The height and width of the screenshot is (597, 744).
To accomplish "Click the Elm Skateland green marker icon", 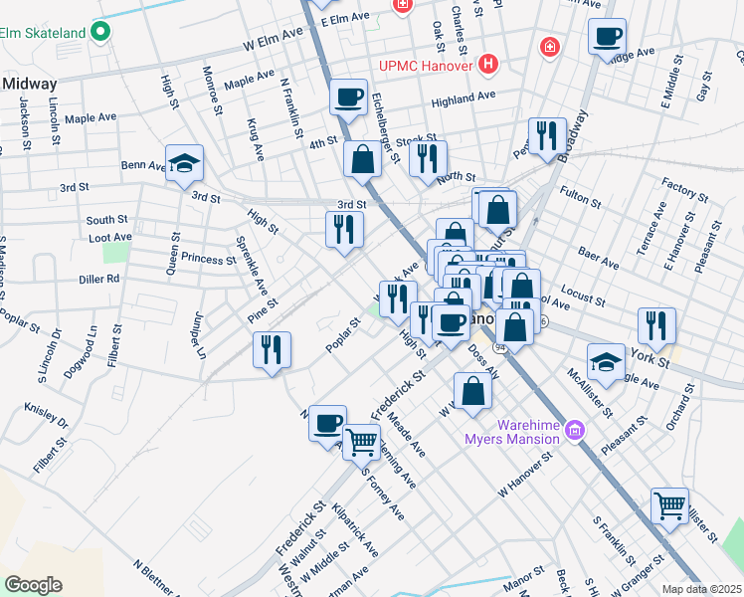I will point(99,33).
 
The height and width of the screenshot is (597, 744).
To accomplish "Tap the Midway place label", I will point(30,84).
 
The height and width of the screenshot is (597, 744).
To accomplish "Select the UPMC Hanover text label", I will point(427,66).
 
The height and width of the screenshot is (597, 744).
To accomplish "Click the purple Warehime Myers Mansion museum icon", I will point(573,430).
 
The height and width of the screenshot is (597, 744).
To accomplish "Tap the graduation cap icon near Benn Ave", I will point(184,165).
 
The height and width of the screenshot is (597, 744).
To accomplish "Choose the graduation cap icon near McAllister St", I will point(606,361).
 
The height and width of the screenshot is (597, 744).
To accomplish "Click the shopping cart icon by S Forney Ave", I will point(362,440).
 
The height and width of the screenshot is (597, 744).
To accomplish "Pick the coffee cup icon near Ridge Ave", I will point(607,38).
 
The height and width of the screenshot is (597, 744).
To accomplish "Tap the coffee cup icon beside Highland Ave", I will point(348,98).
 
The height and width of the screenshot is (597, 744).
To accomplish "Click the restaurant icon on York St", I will point(656,325).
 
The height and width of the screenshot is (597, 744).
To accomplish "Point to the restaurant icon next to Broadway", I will point(547,136).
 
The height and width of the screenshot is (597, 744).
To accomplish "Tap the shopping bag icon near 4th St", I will point(363,158).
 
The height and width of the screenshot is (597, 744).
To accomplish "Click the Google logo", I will point(33,585).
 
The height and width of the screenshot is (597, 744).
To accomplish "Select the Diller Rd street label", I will point(98,280).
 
